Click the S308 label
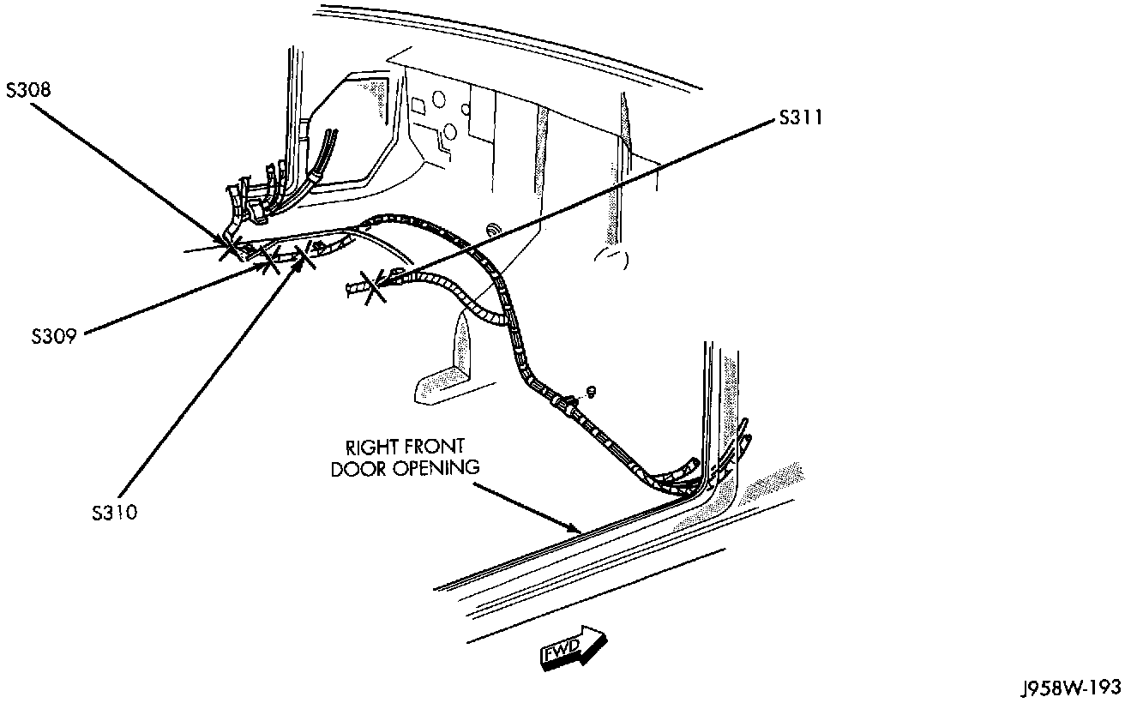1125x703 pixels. coord(28,90)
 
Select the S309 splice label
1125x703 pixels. coord(53,336)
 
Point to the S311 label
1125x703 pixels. coord(801,118)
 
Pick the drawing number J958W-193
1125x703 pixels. coord(1069,688)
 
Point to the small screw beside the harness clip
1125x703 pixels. coord(592,392)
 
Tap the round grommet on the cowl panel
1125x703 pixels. coord(494,230)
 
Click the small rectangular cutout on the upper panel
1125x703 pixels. coord(420,106)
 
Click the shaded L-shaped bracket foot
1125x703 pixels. coord(442,384)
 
